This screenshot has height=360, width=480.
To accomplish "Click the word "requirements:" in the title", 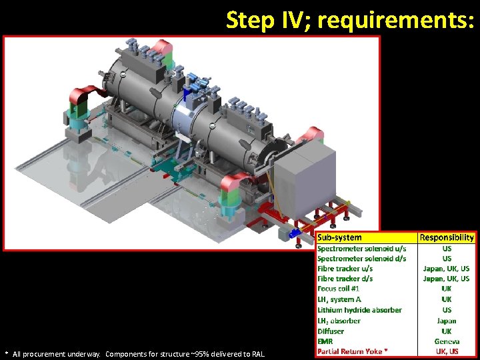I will [396, 20].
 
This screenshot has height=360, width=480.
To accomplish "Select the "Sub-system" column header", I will [339, 237].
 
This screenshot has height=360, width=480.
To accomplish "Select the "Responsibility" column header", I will [447, 237].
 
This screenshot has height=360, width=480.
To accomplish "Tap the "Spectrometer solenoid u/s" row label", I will [361, 248].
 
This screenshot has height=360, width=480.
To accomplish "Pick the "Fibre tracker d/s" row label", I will [345, 279].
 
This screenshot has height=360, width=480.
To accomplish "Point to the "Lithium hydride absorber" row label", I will [359, 310].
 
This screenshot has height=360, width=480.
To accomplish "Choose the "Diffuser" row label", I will [331, 331].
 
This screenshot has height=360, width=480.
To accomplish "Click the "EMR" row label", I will [325, 341].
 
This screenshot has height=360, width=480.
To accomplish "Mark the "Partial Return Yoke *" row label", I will [352, 351].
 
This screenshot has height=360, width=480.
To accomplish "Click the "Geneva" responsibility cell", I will [446, 341].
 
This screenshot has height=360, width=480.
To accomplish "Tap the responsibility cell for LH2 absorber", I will [446, 321].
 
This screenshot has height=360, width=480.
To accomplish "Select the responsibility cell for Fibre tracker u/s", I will [446, 269].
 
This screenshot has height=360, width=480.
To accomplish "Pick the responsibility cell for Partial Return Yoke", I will [446, 351].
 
